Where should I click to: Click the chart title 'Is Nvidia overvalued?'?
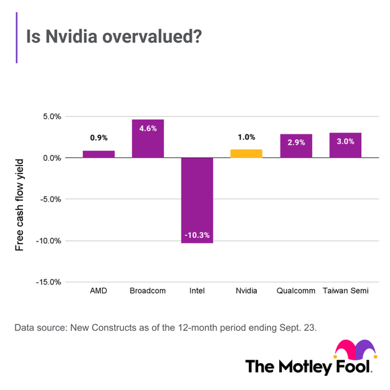(113, 38)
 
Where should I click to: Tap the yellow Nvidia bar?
(246, 153)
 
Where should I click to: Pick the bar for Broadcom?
(148, 139)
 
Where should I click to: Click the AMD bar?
(99, 154)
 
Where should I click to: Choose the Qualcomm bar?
(296, 146)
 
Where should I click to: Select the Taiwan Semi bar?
(345, 145)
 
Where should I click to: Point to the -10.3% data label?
(197, 235)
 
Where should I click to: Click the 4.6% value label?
(148, 128)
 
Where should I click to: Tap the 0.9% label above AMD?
(99, 138)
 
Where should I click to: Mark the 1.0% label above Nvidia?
(246, 138)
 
